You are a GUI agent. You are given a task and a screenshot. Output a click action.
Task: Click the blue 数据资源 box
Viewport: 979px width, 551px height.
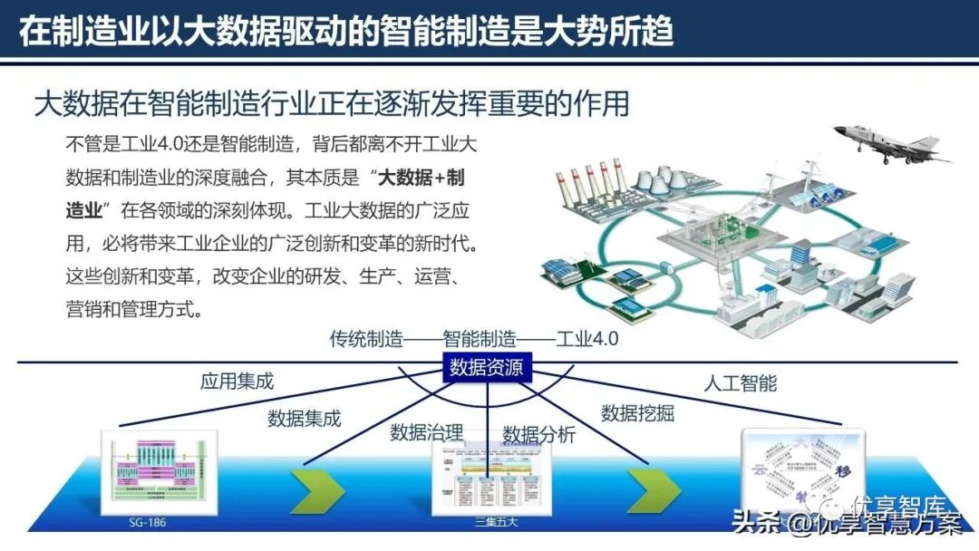coord(486,368)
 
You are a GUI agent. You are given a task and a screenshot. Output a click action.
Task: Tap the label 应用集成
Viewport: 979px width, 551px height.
coord(237,382)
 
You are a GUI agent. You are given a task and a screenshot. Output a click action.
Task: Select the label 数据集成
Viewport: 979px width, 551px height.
coord(304,419)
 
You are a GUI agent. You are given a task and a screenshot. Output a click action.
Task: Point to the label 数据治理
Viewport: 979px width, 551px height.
coord(427,432)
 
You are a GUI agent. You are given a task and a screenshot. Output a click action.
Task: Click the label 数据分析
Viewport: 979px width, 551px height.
coord(539,434)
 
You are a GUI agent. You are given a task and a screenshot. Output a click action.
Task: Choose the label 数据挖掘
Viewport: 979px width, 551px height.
coord(637,413)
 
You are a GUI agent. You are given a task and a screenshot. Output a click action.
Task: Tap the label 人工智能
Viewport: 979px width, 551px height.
coord(741,382)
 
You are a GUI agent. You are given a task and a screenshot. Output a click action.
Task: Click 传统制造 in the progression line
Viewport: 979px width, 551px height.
coord(366,340)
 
